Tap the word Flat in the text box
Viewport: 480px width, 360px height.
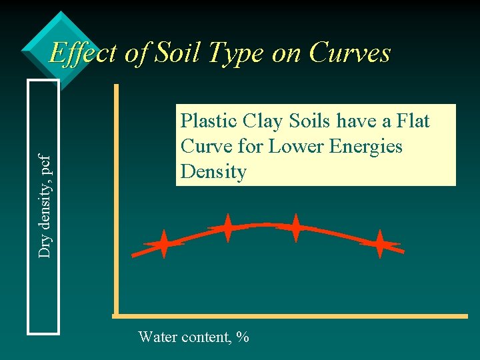tap(415, 121)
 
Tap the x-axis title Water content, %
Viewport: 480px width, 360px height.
tap(193, 337)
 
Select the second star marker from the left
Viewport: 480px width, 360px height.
tap(227, 228)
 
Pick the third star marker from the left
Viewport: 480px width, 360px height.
tap(295, 228)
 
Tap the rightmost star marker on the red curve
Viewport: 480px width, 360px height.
tap(379, 244)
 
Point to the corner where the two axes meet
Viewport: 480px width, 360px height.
tap(116, 315)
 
